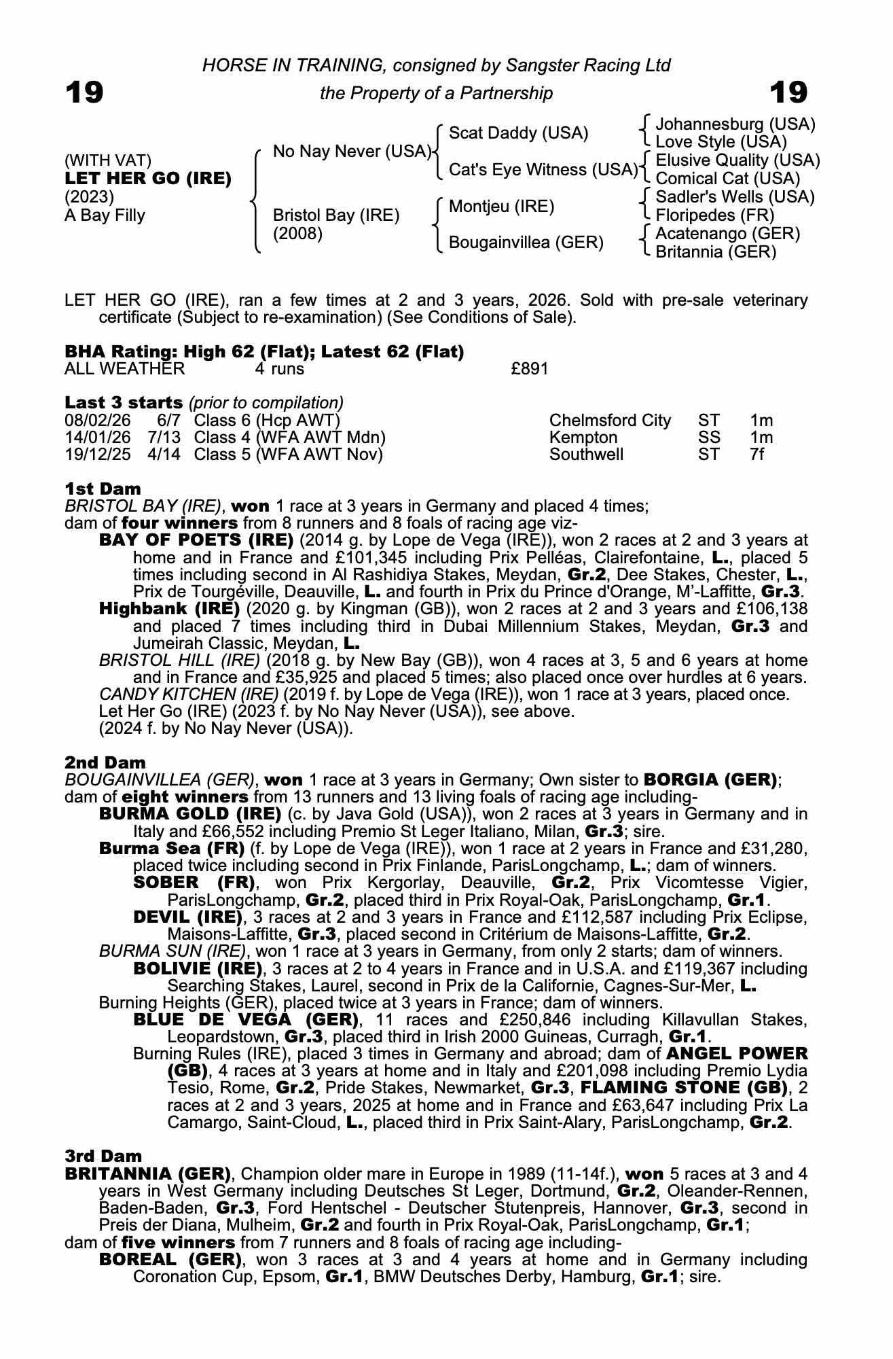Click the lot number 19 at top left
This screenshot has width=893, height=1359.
click(x=84, y=92)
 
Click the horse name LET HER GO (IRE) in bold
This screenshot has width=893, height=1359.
click(x=148, y=179)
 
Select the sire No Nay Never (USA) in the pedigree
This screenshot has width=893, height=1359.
click(x=352, y=151)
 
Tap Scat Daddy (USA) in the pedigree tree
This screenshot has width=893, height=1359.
click(x=518, y=133)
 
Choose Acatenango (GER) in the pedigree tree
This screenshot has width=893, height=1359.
click(x=727, y=234)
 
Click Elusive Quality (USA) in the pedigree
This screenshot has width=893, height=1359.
click(x=737, y=160)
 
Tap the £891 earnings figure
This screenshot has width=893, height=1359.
click(x=529, y=369)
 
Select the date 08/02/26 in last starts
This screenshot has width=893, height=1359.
click(x=97, y=421)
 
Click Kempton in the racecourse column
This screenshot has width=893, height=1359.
click(x=583, y=438)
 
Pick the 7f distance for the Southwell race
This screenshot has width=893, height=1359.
click(x=757, y=454)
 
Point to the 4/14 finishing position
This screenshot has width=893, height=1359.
click(x=164, y=454)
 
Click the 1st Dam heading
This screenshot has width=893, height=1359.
click(x=103, y=489)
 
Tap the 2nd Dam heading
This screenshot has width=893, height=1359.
click(x=105, y=762)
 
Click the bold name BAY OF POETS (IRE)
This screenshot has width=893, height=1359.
click(x=196, y=540)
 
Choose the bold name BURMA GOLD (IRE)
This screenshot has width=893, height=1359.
click(x=190, y=814)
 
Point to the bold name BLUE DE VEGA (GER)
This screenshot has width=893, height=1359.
click(x=246, y=1020)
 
